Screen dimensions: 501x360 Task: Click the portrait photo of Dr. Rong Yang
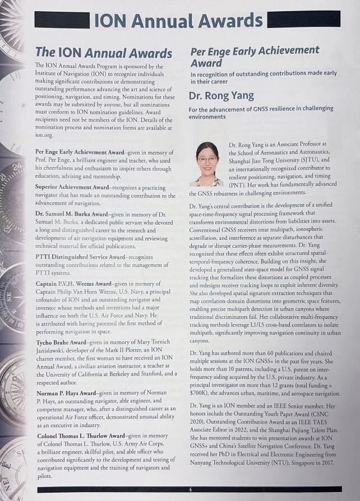(x=206, y=164)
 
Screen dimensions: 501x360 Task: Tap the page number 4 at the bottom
(x=190, y=489)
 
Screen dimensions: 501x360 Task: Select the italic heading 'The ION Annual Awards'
(x=103, y=53)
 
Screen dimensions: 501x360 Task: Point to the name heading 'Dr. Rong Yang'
(x=221, y=95)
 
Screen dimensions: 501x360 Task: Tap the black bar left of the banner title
(x=62, y=21)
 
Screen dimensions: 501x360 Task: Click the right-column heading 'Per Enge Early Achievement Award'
(x=255, y=57)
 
